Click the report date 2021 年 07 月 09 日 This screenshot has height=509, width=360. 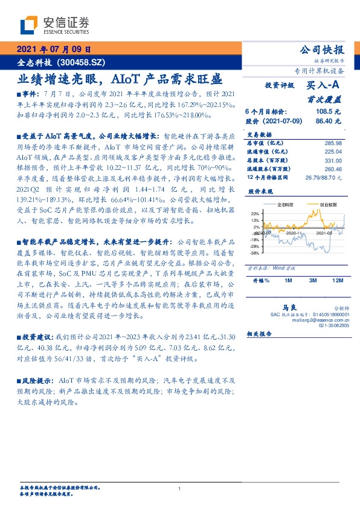[53, 50]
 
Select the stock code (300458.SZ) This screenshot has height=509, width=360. [83, 62]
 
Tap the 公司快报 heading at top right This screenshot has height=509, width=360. [322, 50]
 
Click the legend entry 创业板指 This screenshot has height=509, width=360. [329, 205]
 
